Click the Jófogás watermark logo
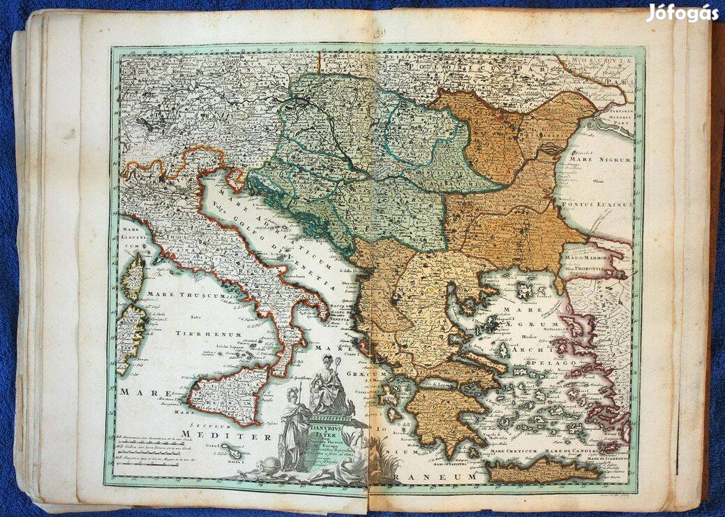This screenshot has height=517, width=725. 682,13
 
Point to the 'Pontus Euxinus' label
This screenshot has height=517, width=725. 604,205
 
